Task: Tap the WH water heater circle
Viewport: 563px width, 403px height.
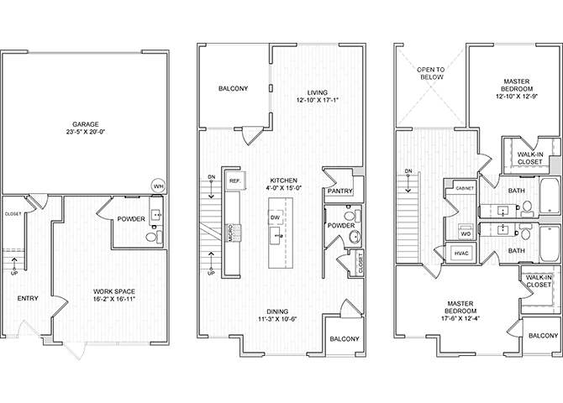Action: [158, 186]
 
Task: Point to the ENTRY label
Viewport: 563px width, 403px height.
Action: [28, 297]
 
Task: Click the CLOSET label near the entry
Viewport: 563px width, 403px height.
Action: [13, 214]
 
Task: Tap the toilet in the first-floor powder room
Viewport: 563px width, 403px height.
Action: [151, 238]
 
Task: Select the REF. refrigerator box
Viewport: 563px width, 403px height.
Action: [235, 181]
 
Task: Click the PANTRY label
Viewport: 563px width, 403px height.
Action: [339, 191]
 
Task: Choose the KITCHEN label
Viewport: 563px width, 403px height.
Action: [282, 181]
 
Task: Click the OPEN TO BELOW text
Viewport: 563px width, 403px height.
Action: [430, 74]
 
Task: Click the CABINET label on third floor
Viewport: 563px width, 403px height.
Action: [465, 189]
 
